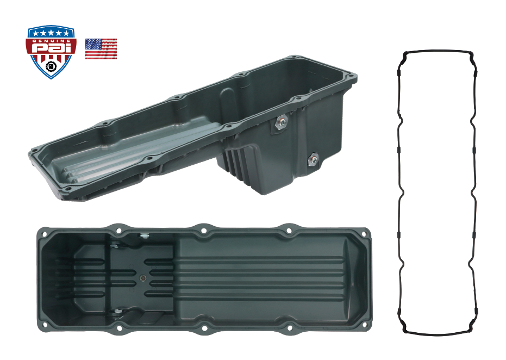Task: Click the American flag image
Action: [x=101, y=49]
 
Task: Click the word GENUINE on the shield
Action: [x=51, y=40]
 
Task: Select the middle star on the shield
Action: [x=51, y=33]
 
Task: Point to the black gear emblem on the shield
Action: [x=51, y=67]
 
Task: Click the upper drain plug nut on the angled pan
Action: [x=282, y=122]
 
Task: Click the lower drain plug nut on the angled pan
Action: [x=313, y=159]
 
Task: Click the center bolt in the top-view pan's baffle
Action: [x=143, y=278]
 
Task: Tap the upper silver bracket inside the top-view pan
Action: [x=145, y=235]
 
